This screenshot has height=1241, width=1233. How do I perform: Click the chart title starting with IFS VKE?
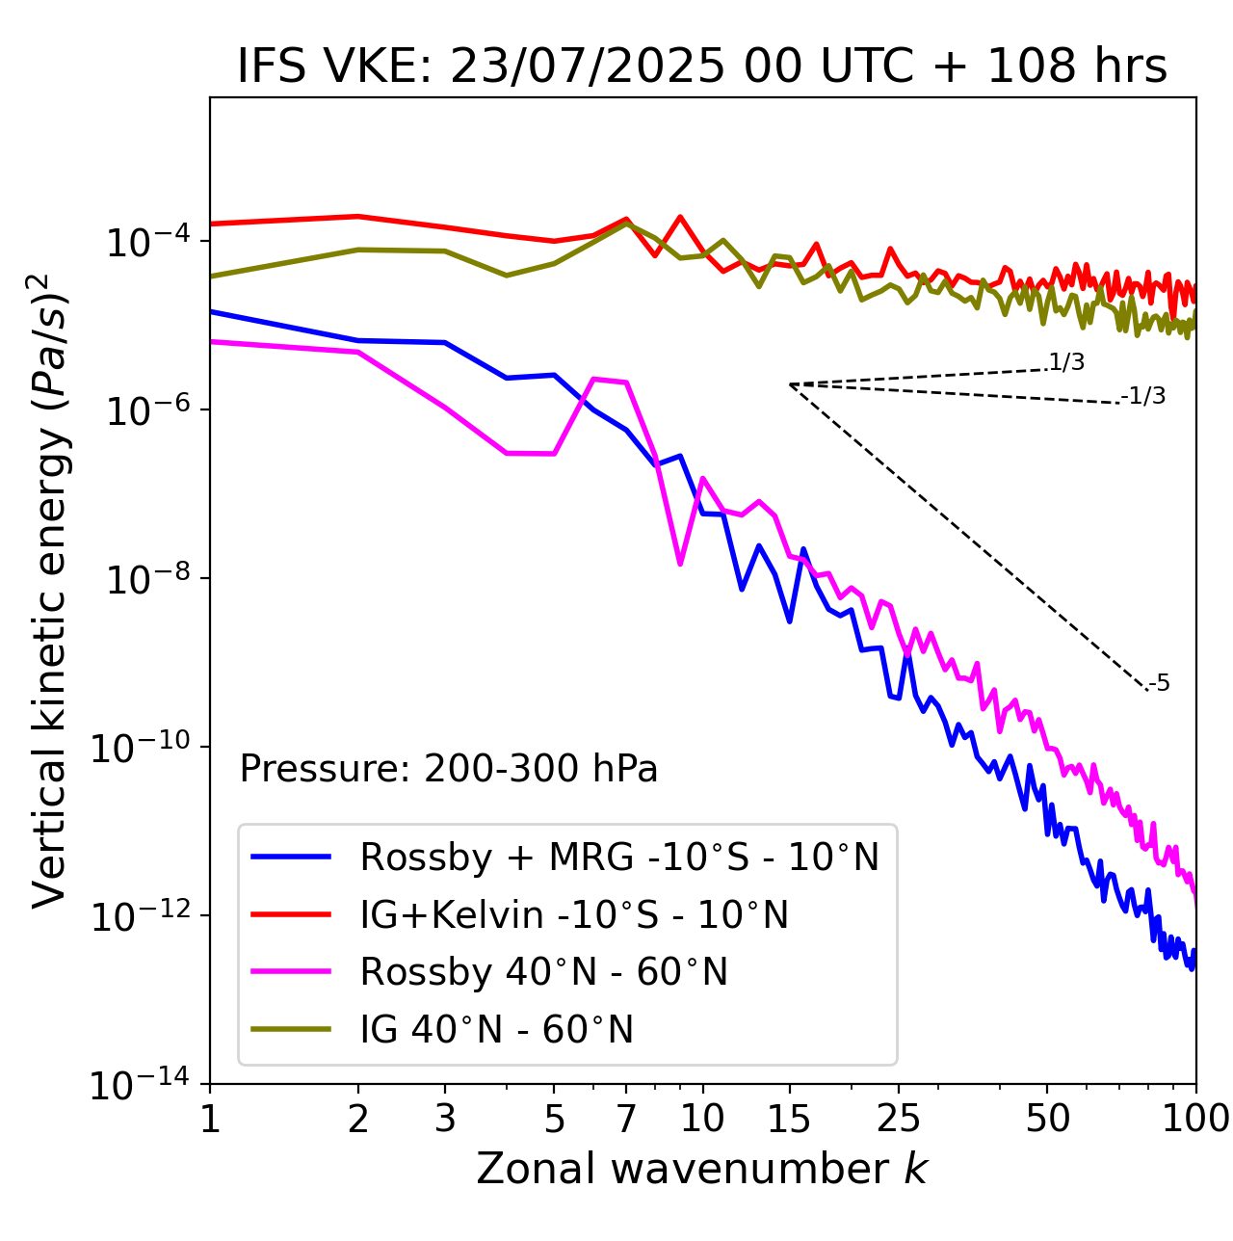click(x=701, y=67)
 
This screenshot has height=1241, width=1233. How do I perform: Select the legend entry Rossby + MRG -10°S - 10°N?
click(x=618, y=857)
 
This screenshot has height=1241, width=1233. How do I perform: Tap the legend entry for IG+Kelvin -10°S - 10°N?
click(x=574, y=914)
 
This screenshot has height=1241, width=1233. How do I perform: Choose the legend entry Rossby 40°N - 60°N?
click(x=543, y=972)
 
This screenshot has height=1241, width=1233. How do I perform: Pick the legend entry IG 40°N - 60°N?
click(x=496, y=1030)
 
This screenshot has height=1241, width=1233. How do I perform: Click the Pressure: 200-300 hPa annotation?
click(x=448, y=769)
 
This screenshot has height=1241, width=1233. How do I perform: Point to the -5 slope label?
click(x=1159, y=683)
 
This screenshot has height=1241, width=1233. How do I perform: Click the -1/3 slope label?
click(x=1143, y=396)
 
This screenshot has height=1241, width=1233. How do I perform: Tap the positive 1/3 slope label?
click(x=1066, y=362)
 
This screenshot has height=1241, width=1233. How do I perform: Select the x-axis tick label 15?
click(x=790, y=1119)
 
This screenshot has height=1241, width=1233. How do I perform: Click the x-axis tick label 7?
click(x=626, y=1119)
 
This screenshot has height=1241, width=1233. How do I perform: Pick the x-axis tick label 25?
click(x=899, y=1119)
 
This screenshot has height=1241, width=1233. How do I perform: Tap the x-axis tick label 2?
click(x=358, y=1119)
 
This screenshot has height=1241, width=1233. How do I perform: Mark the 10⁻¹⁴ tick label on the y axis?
click(x=140, y=1086)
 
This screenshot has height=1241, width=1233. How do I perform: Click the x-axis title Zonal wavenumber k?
click(x=701, y=1169)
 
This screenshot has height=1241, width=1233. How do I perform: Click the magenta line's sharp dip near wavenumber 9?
click(x=680, y=564)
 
